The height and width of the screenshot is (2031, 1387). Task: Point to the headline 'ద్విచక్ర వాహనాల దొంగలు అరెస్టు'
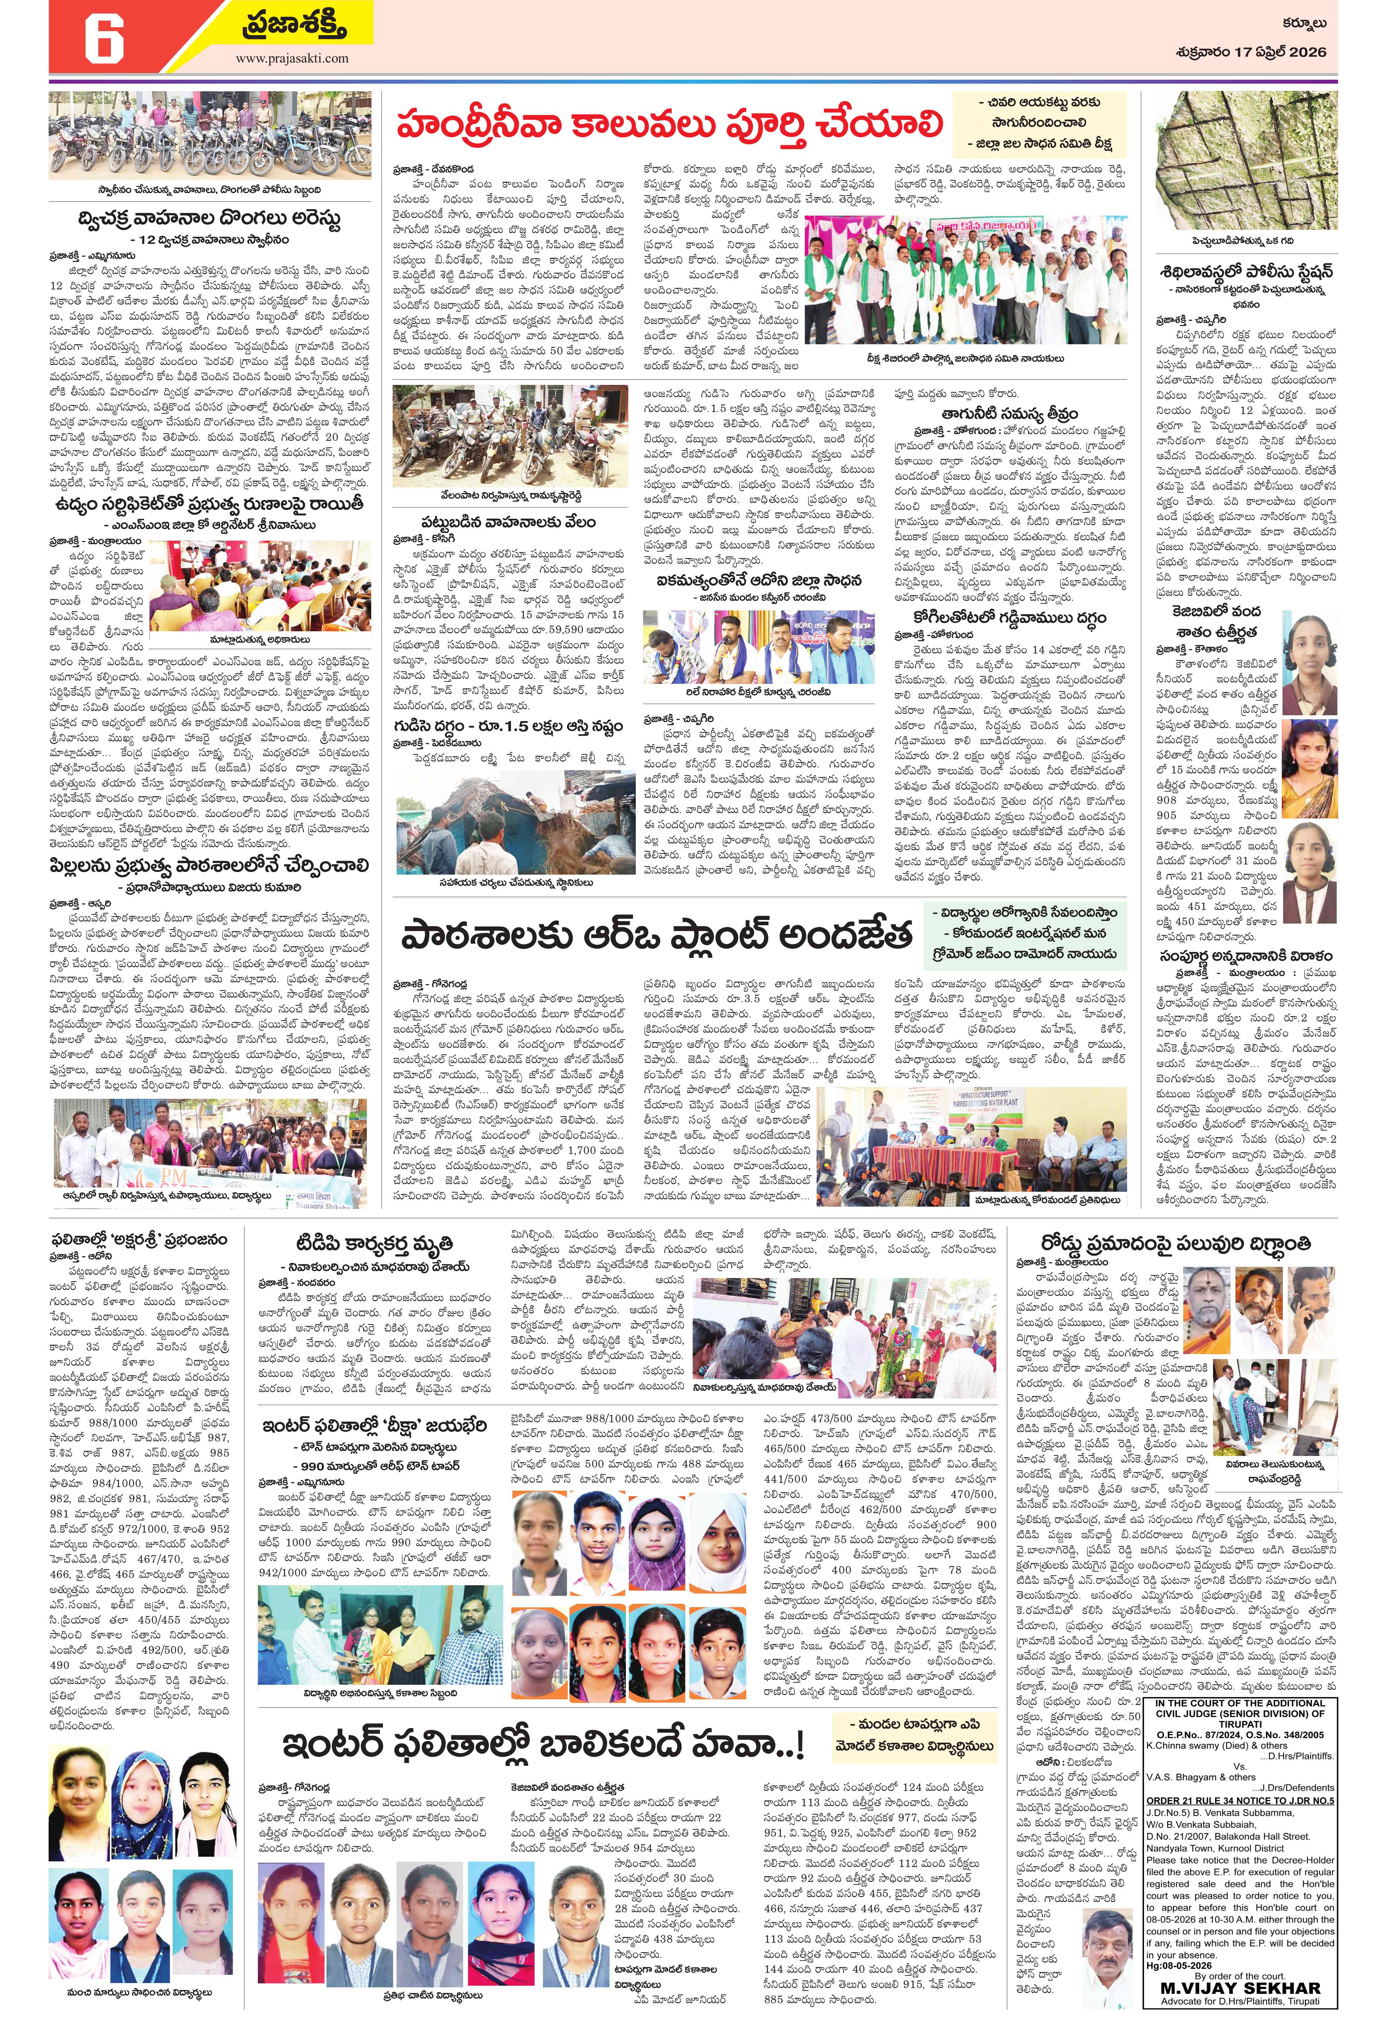coord(208,218)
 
